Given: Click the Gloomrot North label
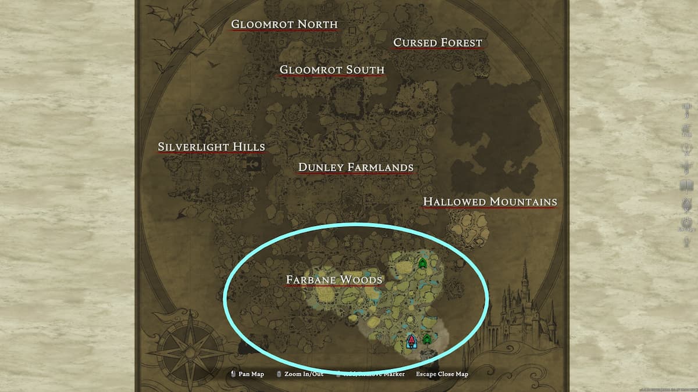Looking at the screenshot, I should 284,24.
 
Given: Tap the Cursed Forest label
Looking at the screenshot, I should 437,42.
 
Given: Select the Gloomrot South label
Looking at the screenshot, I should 332,70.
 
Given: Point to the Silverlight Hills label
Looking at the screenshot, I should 211,147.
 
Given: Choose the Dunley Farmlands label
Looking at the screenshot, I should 355,167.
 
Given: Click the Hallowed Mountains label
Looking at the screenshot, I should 490,202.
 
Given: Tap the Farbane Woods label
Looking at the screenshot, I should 334,279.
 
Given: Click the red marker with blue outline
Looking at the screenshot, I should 412,341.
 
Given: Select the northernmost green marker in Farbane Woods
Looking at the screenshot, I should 422,264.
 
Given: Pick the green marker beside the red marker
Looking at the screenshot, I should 427,338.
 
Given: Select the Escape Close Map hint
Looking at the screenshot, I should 441,374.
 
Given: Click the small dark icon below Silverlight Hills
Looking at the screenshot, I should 254,164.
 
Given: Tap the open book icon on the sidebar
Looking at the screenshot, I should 686,186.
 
